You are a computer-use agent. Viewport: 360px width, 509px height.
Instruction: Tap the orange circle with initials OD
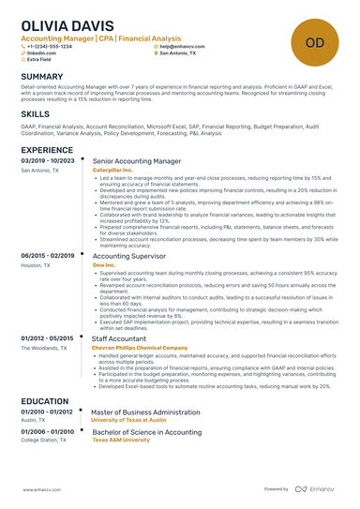point(315,41)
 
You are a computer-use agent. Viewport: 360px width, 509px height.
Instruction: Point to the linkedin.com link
point(40,53)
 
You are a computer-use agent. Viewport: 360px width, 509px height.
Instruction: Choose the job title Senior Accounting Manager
point(137,161)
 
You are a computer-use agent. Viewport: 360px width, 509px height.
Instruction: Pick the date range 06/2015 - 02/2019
point(47,255)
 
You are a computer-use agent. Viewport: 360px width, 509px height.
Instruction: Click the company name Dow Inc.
point(104,265)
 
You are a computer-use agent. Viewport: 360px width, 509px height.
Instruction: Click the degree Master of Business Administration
point(145,411)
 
